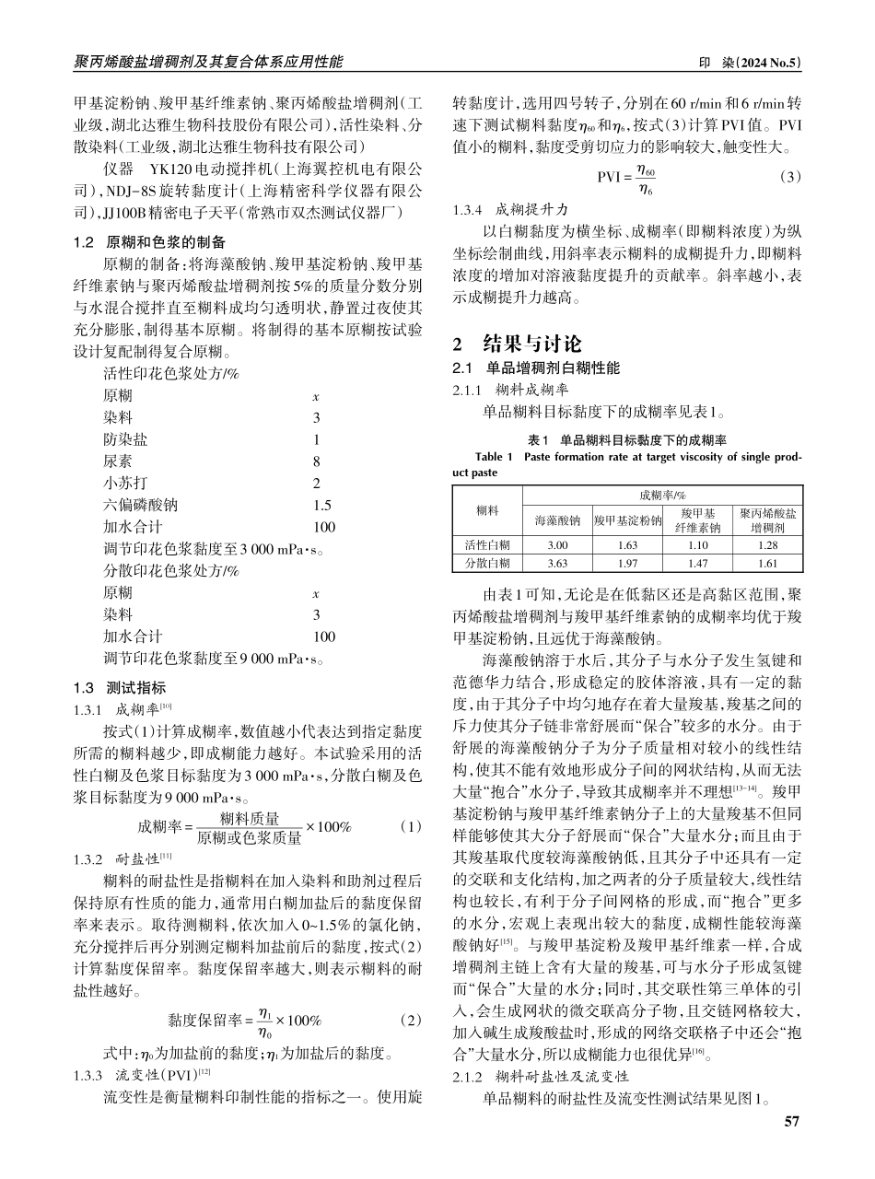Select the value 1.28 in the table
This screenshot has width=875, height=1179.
tap(768, 544)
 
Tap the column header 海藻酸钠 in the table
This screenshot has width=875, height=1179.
tap(557, 519)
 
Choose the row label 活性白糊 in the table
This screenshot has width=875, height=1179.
tap(487, 544)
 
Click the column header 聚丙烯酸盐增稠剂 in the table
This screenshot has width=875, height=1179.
tap(768, 519)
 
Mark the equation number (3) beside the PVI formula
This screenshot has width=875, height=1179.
tap(789, 176)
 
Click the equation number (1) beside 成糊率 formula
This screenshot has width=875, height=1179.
tap(412, 826)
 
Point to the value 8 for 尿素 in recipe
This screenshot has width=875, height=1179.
tap(316, 461)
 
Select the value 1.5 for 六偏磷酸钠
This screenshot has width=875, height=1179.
tap(321, 505)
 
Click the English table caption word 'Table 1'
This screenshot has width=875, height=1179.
tap(495, 457)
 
